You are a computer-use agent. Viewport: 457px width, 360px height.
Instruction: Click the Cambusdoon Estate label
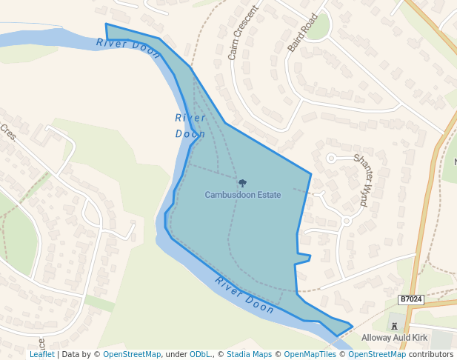tap(243, 195)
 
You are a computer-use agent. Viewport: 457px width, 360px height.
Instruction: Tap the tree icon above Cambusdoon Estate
tap(242, 182)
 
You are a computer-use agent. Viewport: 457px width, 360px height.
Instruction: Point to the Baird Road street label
tap(302, 32)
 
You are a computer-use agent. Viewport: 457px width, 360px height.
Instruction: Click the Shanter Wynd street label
tap(365, 176)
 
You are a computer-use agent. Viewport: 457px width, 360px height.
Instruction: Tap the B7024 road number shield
tap(410, 299)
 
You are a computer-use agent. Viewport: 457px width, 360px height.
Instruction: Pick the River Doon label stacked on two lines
tap(190, 126)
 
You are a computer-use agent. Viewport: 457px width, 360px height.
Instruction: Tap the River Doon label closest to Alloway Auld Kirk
tap(245, 295)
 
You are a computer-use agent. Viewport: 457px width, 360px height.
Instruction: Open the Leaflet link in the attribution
tap(41, 354)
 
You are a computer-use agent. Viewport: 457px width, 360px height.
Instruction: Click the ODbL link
tap(201, 354)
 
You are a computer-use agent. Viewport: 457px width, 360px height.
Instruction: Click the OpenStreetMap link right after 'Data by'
tap(132, 354)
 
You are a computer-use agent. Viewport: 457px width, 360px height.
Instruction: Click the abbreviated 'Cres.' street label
tap(8, 133)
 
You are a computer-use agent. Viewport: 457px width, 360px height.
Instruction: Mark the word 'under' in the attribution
tap(176, 354)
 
